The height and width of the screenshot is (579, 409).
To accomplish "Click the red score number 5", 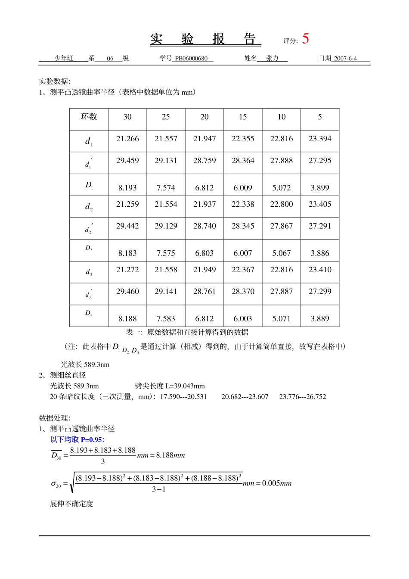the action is (305, 39).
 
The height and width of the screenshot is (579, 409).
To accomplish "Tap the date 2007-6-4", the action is (345, 59).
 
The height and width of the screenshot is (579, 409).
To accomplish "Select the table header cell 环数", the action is (89, 117).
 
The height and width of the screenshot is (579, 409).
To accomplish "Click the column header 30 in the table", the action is (127, 117).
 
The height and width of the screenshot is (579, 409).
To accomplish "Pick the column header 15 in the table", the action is (243, 117).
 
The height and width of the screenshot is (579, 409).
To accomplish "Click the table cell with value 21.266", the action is (127, 139).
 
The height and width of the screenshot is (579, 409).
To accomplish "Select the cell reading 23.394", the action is (320, 139).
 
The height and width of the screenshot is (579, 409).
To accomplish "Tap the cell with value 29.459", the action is (127, 161).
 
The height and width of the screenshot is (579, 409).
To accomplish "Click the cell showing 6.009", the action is (243, 188).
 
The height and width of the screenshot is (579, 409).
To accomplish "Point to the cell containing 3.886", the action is (320, 253).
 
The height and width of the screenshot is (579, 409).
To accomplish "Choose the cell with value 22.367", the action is (243, 270).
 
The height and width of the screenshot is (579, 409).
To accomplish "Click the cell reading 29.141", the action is (166, 292).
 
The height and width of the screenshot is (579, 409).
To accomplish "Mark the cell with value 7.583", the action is (166, 319).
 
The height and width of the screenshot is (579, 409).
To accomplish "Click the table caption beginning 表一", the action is (187, 332).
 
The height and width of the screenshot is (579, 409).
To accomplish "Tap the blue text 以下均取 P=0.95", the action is (77, 439).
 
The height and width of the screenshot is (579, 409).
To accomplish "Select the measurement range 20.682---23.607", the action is (245, 397).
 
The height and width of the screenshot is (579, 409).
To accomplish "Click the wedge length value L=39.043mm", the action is (185, 386).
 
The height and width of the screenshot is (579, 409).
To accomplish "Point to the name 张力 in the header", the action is (272, 59).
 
